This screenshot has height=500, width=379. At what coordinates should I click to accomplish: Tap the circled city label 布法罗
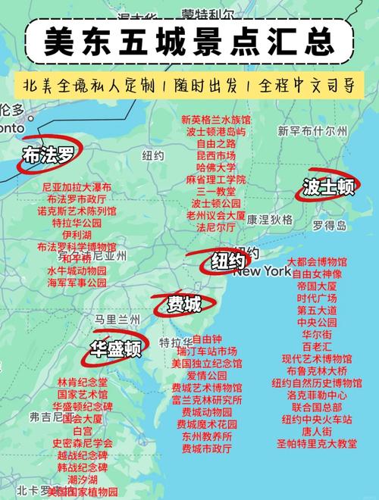49,155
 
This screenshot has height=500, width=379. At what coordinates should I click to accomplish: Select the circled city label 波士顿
327,186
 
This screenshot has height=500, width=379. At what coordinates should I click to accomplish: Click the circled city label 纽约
227,262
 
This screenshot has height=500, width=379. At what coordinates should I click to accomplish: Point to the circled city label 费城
184,305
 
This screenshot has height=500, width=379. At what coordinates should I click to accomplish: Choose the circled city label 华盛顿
116,348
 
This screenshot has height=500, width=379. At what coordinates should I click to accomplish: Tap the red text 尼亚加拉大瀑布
77,186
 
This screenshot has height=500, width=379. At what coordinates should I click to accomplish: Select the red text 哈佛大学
216,167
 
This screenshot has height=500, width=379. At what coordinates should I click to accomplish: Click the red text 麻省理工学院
216,180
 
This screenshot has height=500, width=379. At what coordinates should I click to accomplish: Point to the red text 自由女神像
317,273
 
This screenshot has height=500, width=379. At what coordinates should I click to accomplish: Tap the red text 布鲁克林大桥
317,370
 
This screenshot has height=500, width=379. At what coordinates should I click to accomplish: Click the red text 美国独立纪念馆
206,364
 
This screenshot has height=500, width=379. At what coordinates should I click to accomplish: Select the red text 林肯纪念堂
83,383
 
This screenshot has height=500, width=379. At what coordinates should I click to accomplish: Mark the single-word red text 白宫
83,430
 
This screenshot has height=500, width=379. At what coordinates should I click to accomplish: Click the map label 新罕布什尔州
312,131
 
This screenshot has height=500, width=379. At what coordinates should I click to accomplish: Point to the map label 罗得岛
329,225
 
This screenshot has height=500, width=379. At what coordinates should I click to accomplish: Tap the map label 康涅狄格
269,219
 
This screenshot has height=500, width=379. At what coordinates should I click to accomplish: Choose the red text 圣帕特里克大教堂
317,443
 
